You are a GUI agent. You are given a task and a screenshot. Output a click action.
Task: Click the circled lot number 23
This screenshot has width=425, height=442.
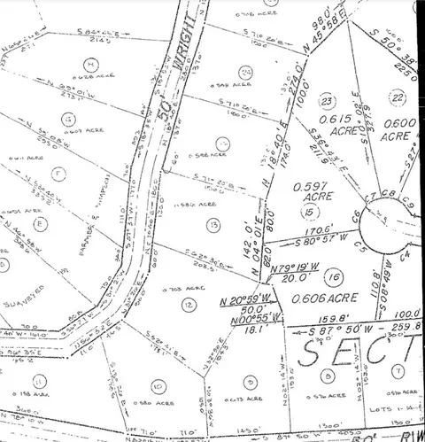(x=326, y=101)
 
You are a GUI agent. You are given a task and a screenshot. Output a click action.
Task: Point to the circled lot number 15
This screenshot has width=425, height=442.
(x=308, y=213)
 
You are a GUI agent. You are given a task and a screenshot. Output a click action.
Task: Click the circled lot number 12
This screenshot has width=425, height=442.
(x=189, y=304)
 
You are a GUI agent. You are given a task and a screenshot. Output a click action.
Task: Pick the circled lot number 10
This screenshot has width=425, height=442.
(x=157, y=384)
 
